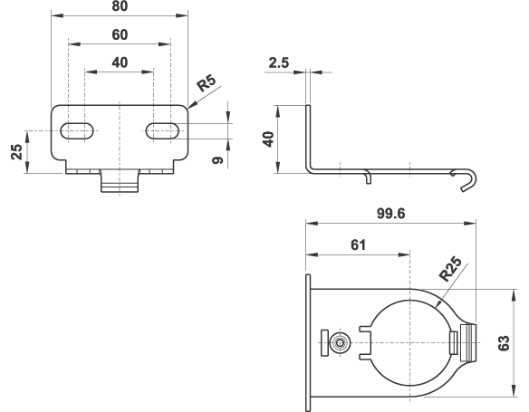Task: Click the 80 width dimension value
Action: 120,6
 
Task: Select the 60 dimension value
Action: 120,34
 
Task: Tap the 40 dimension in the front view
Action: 120,62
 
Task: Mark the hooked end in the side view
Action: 466,181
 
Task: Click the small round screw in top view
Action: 341,341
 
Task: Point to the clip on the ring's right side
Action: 465,341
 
